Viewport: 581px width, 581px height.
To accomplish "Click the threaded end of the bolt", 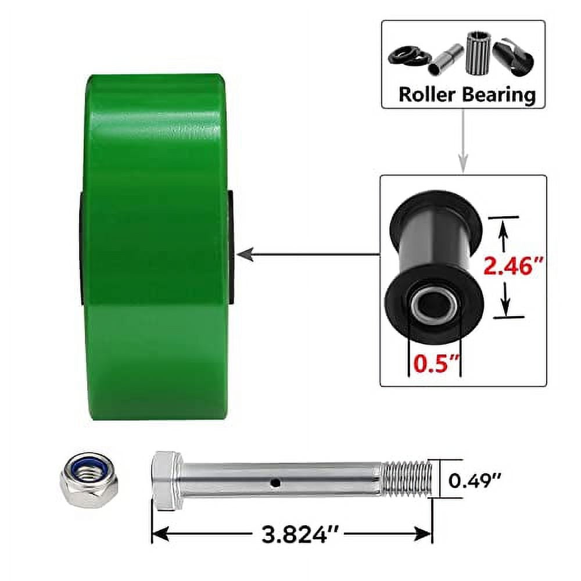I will pos(407,478).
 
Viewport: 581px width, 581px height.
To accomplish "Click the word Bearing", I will pos(498,94).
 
